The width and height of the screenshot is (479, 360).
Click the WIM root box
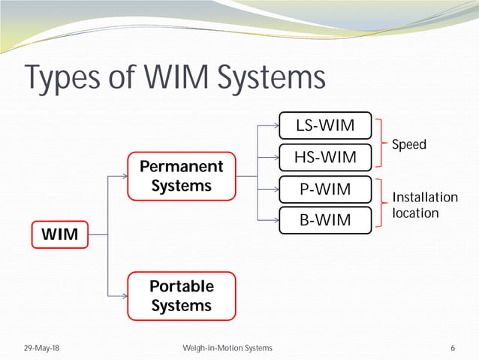pos(59,234)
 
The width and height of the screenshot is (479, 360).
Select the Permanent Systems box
pos(181,176)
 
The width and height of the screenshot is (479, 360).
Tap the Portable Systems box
pos(181,296)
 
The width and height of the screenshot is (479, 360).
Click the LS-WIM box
pos(324,125)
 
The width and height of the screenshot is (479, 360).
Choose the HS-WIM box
pos(324,156)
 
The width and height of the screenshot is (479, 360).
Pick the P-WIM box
pos(324,189)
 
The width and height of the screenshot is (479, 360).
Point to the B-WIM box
pos(324,219)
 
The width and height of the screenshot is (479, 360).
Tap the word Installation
pos(425,198)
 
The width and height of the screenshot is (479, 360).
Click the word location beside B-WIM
pos(415,213)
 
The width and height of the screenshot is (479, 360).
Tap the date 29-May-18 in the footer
pos(42,349)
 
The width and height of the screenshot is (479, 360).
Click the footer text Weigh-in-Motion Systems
pos(227,349)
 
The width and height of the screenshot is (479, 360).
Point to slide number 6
pos(453,349)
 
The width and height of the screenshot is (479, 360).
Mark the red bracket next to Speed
pos(382,141)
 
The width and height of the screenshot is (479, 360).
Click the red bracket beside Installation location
pos(382,204)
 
